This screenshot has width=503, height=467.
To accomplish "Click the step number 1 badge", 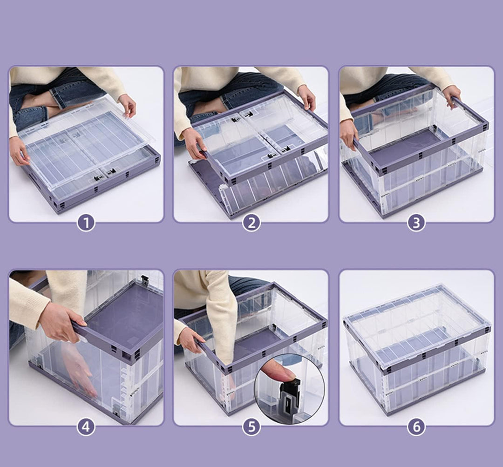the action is click(x=86, y=223).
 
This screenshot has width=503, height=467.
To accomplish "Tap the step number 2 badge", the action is click(x=251, y=223).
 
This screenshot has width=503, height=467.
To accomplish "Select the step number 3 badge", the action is click(x=416, y=223).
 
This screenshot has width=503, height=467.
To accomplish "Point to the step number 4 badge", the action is click(x=86, y=426).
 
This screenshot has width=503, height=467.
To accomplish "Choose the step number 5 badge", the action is click(x=251, y=426).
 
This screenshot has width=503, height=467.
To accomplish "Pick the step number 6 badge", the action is click(x=416, y=426).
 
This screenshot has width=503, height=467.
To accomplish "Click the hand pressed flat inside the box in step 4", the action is click(x=78, y=369).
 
